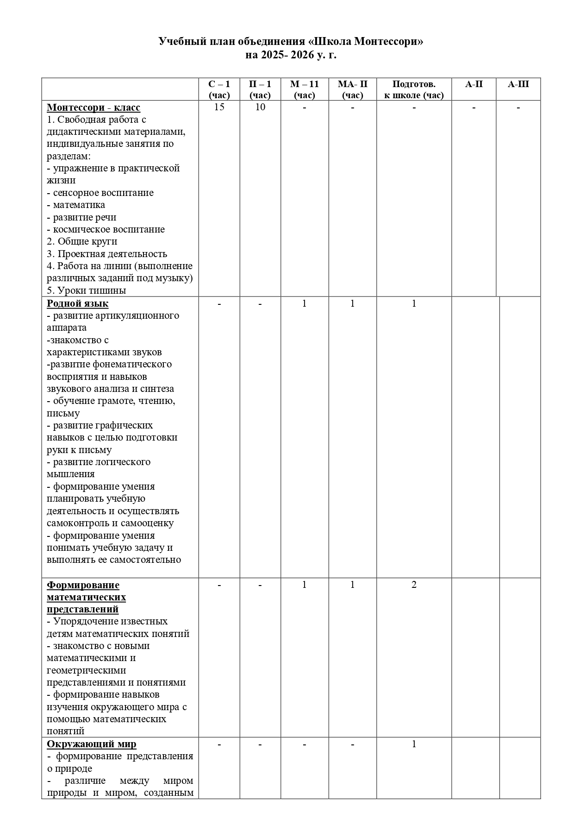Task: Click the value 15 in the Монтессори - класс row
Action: click(x=219, y=107)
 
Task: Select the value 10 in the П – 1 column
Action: click(x=260, y=107)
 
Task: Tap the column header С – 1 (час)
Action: click(x=219, y=89)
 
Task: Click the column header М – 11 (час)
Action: click(x=305, y=89)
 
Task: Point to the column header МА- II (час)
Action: click(x=353, y=89)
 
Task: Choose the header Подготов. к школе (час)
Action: click(x=414, y=89)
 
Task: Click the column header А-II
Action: click(x=474, y=84)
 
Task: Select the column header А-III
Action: click(x=518, y=84)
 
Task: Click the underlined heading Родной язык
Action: click(x=78, y=303)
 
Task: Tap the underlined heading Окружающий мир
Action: click(x=92, y=744)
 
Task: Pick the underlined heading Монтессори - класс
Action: click(x=94, y=107)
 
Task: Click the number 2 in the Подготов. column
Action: click(x=414, y=585)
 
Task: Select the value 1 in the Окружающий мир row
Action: click(x=414, y=744)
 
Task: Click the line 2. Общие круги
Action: click(x=82, y=241)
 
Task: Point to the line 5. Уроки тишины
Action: click(x=87, y=290)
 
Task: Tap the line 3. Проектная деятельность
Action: click(x=107, y=254)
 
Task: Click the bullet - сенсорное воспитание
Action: click(x=100, y=193)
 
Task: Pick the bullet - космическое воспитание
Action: click(x=106, y=229)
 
